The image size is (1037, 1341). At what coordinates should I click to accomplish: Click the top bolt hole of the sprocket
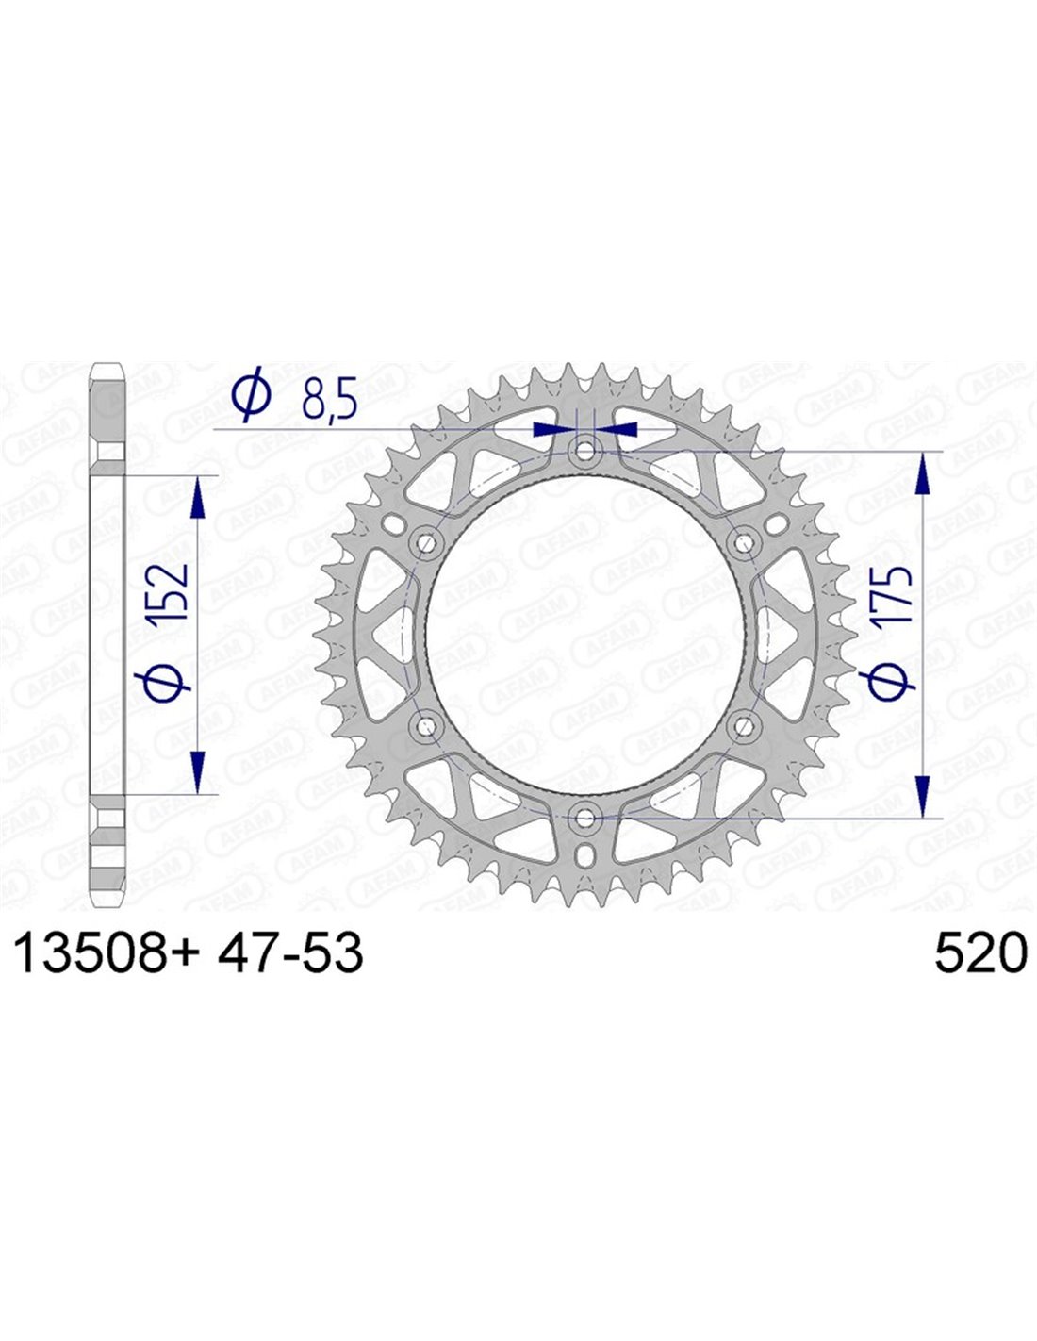584,451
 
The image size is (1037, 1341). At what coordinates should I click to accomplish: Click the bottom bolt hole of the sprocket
584,819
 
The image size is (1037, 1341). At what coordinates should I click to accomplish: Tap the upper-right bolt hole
745,544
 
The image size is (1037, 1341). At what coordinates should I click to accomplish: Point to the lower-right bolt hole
745,726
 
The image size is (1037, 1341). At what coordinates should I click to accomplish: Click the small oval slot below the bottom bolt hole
584,855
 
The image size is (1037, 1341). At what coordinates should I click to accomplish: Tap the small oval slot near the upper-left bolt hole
392,525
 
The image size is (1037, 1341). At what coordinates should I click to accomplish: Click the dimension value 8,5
329,401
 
